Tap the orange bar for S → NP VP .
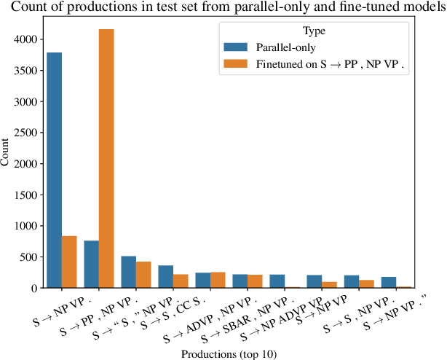pyautogui.click(x=69, y=262)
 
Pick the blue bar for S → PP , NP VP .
pyautogui.click(x=92, y=264)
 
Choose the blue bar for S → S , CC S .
pyautogui.click(x=165, y=276)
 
